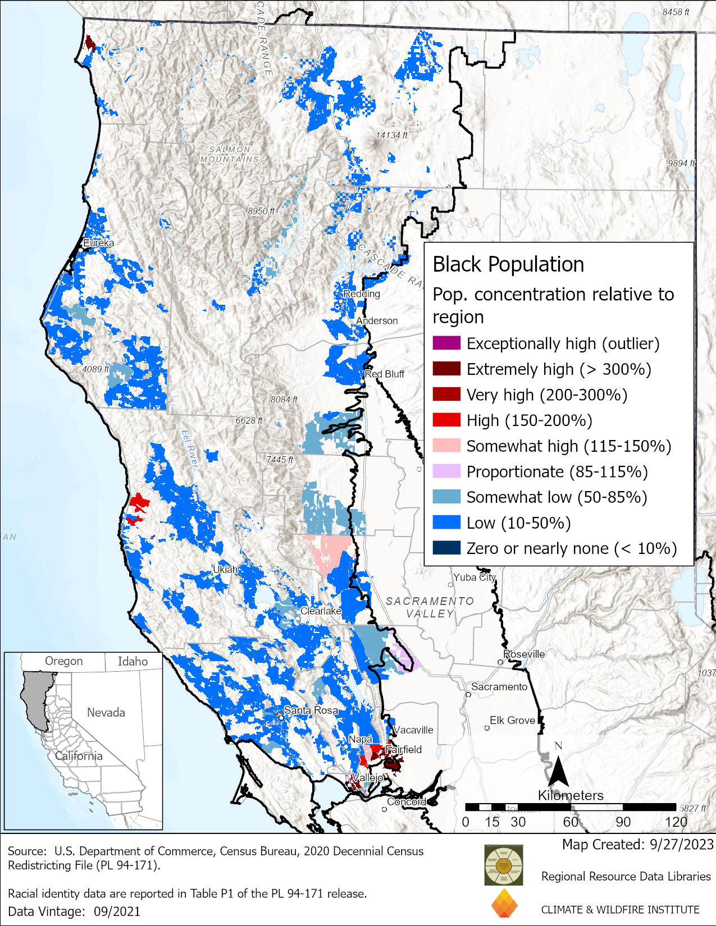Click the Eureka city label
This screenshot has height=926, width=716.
(x=98, y=243)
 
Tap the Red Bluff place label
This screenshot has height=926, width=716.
(x=385, y=374)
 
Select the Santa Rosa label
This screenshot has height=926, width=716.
(x=311, y=710)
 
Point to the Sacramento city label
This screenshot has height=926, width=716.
(x=499, y=686)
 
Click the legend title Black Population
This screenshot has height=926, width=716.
(x=508, y=264)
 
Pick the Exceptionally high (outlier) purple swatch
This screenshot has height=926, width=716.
(x=446, y=343)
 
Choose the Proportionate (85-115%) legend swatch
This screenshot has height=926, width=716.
(x=446, y=471)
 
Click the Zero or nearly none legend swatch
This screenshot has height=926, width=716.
(x=446, y=548)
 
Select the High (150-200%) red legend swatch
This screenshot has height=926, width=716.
(x=446, y=420)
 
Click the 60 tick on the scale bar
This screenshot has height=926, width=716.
(x=571, y=822)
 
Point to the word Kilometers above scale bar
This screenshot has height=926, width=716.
(x=571, y=795)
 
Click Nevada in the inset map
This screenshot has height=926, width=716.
(x=106, y=712)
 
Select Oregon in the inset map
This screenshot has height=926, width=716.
(x=63, y=661)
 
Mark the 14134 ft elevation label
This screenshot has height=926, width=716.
(x=391, y=135)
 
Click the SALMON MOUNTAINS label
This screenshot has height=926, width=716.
(x=230, y=154)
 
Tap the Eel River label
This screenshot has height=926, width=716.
(x=190, y=448)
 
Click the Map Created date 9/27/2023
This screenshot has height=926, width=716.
(x=637, y=845)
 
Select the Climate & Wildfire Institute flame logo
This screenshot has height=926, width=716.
(x=504, y=902)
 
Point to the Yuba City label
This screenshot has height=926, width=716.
(x=475, y=577)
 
